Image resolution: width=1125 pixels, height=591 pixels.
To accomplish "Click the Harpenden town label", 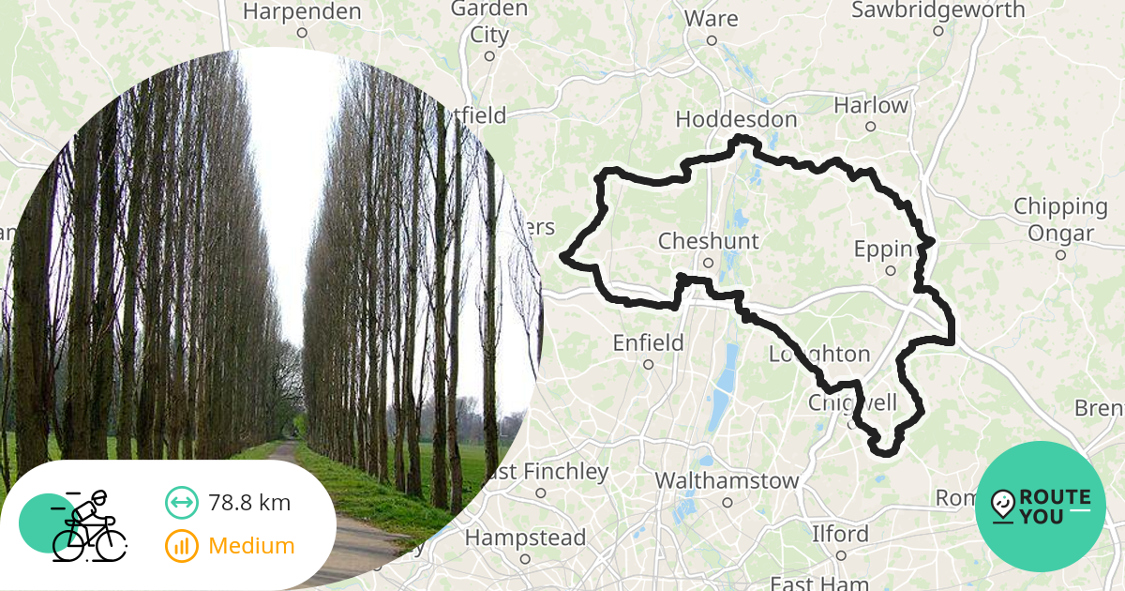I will point(302,12).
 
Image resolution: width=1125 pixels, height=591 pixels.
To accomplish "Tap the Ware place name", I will point(711,19).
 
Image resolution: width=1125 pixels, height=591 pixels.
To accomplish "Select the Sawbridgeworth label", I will point(938,10).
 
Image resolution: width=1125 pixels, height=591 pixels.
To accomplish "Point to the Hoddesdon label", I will point(736,120).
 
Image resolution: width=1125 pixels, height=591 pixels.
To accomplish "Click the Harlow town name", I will point(871,105).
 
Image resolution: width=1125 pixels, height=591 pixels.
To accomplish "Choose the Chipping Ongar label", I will point(1060,220).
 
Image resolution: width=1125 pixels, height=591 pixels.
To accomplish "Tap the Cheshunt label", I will point(708,241).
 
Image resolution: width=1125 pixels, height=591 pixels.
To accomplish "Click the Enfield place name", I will point(648,343).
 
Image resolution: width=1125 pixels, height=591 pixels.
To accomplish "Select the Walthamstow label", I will point(727,481).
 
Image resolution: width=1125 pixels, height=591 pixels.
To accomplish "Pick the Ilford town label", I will point(840,535).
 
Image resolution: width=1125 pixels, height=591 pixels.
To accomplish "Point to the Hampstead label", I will point(525,538).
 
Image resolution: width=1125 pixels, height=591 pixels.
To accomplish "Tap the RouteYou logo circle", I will point(1041,507).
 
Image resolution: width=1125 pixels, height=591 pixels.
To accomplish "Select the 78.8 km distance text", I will point(249,503).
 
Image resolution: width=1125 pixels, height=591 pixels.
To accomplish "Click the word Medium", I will point(251,546).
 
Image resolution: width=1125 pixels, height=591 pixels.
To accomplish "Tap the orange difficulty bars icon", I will point(181,546).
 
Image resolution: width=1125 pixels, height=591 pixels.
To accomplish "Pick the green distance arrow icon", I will point(181,503).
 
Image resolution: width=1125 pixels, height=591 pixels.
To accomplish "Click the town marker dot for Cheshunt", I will point(709,263).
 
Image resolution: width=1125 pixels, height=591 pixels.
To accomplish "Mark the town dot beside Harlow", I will point(871,127).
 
